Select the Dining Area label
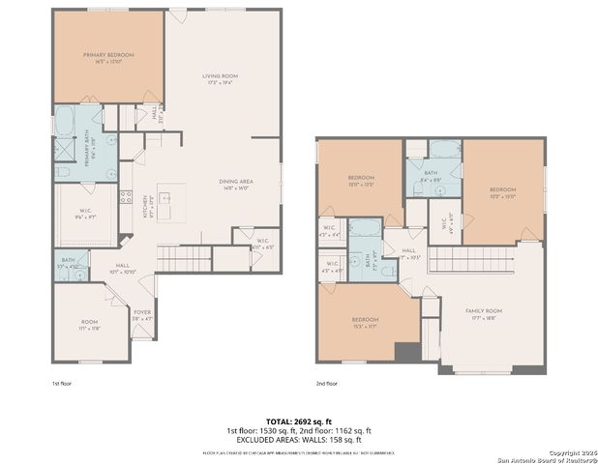coord(235,186)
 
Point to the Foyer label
coord(142,313)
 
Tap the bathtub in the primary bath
coord(66,122)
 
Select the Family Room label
coord(481,312)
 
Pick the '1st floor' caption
coord(63,384)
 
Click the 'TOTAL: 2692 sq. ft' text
coord(298,421)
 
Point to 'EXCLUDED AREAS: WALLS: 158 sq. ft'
coord(298,440)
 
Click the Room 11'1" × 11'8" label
coord(89,325)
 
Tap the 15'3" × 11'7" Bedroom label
coord(365,322)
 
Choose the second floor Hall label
coord(410,254)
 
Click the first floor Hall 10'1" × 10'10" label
coord(124,268)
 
